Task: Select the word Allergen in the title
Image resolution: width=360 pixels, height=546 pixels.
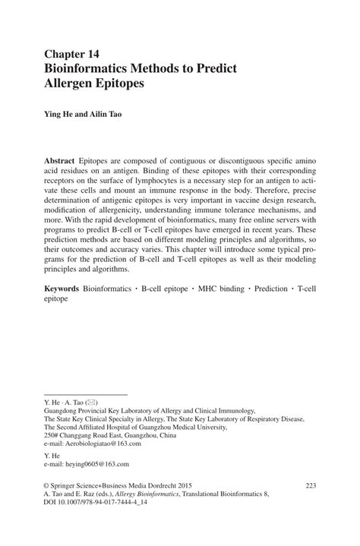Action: click(x=74, y=84)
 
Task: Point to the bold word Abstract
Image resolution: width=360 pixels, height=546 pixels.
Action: click(x=64, y=164)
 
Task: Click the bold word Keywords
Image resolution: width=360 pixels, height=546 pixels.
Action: click(x=67, y=289)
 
